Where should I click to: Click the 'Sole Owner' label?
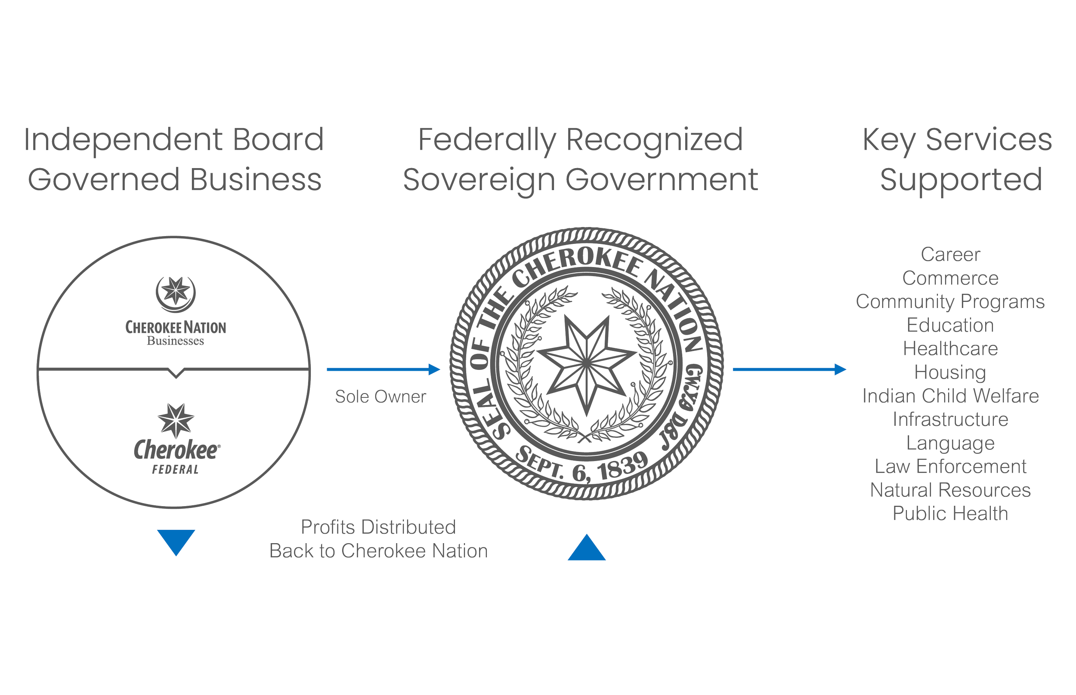click(x=380, y=397)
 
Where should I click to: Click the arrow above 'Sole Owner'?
click(x=383, y=369)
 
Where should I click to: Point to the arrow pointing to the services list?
click(x=789, y=369)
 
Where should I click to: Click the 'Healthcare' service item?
click(x=950, y=349)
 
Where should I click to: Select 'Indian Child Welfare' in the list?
click(x=950, y=396)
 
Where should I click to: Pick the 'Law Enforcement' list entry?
click(x=950, y=467)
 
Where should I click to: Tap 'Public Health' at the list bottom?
click(x=950, y=514)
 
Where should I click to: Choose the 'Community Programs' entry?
click(x=950, y=302)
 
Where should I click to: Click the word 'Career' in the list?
click(x=950, y=255)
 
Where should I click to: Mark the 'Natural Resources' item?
click(x=950, y=490)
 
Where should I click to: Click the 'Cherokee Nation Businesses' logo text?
click(x=176, y=332)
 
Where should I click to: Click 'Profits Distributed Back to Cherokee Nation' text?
click(x=379, y=539)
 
